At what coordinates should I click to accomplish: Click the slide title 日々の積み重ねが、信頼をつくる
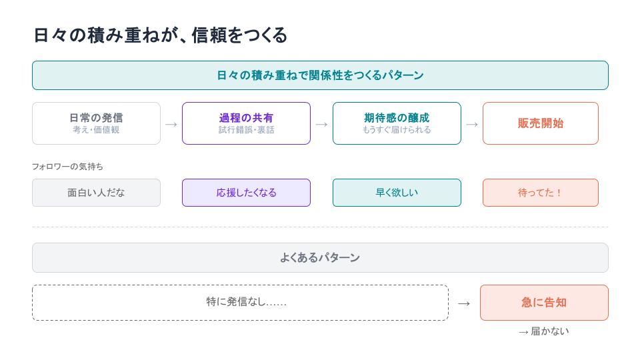tap(161, 35)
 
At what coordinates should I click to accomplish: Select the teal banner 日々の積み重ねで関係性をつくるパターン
tap(320, 75)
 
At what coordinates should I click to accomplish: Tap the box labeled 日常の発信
tap(96, 123)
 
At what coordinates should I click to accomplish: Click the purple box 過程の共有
tap(246, 123)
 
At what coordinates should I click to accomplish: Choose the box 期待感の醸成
tap(397, 123)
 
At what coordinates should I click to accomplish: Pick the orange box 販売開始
tap(541, 123)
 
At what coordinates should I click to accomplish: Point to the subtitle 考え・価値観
tap(96, 130)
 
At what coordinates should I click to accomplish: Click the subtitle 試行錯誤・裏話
tap(246, 130)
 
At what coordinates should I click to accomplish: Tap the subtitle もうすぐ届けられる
tap(397, 130)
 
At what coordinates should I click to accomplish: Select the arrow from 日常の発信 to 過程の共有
tap(171, 124)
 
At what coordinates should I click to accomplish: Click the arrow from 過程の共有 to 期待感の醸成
tap(321, 124)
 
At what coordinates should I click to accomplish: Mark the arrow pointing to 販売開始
tap(472, 124)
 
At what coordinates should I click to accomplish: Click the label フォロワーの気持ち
tap(67, 167)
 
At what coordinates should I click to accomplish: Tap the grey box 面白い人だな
tap(96, 193)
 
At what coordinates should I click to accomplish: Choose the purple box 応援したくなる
tap(246, 193)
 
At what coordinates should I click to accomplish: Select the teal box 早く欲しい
tap(397, 193)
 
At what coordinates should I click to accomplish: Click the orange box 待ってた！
tap(541, 193)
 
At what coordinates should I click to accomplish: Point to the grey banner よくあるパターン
tap(320, 257)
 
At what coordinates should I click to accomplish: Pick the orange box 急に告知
tap(544, 303)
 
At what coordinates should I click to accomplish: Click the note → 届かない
tap(544, 331)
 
